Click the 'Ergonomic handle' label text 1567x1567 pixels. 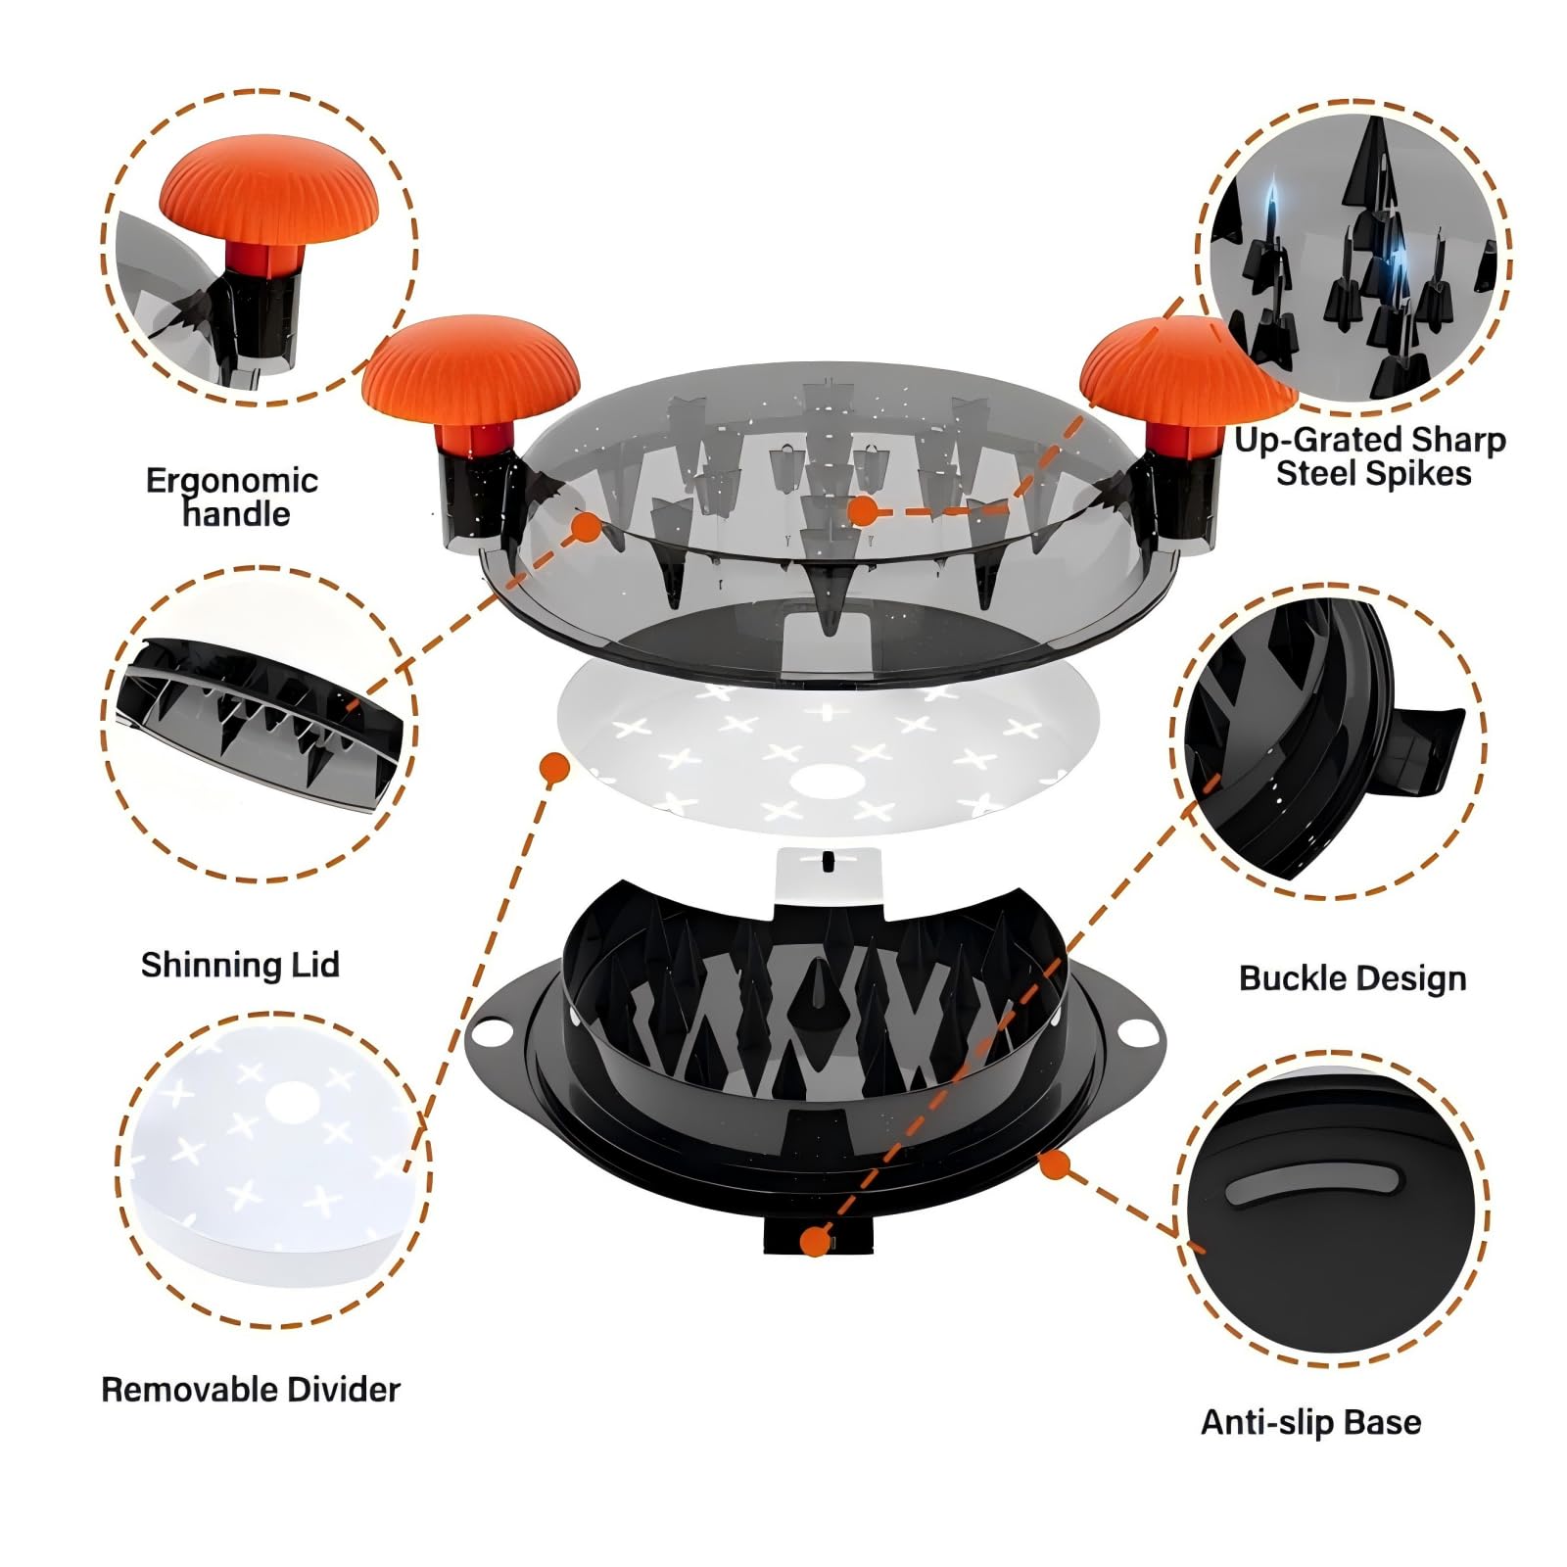[232, 497]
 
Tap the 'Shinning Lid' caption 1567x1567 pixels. [240, 965]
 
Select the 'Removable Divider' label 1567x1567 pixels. [251, 1390]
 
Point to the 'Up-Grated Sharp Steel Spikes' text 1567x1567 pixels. [1370, 456]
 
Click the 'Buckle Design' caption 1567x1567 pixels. [1353, 978]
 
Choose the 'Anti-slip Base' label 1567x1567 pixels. [1310, 1422]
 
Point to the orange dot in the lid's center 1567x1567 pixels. [862, 510]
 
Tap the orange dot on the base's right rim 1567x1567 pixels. [1054, 1164]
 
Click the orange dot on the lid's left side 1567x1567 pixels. [587, 526]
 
